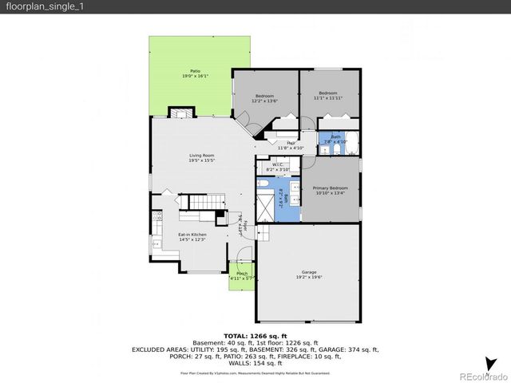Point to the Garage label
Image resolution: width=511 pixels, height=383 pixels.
click(308, 274)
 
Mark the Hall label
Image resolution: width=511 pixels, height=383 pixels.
click(281, 145)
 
